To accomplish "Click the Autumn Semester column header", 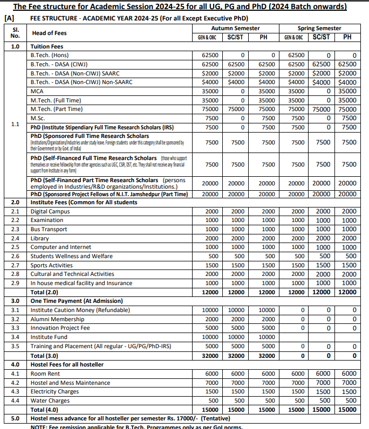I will pyautogui.click(x=235, y=28).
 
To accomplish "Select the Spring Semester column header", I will pyautogui.click(x=319, y=28).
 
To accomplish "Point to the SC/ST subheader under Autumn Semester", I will pyautogui.click(x=235, y=37).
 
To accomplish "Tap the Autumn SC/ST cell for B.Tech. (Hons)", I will pyautogui.click(x=242, y=55).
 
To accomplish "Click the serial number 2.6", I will pyautogui.click(x=15, y=256).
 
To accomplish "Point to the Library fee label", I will pyautogui.click(x=39, y=238).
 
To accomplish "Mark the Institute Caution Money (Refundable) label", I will pyautogui.click(x=80, y=310).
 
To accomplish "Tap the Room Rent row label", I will pyautogui.click(x=45, y=373).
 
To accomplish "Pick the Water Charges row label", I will pyautogui.click(x=50, y=400).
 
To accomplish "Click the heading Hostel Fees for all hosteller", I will pyautogui.click(x=67, y=364).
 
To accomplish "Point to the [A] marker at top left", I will pyautogui.click(x=9, y=18).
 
